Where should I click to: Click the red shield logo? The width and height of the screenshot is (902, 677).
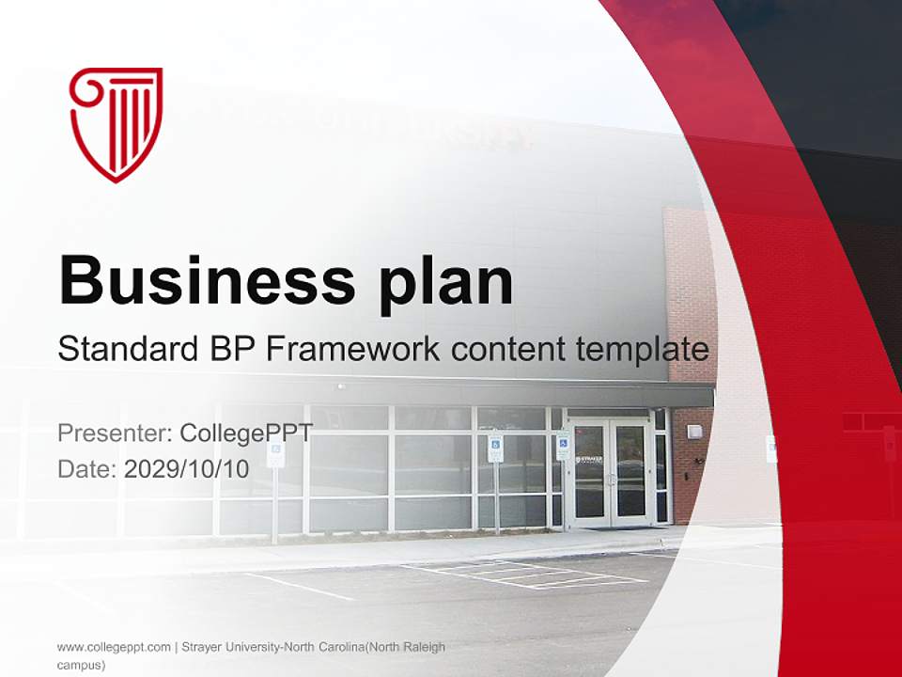[x=116, y=123]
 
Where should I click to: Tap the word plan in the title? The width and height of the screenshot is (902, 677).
[x=446, y=282]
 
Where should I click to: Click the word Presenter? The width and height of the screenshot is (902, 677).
[x=114, y=433]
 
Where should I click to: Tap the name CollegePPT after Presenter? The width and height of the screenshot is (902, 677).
[x=246, y=433]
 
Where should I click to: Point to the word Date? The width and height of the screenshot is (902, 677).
[x=86, y=468]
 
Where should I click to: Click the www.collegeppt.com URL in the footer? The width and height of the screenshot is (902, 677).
[x=114, y=647]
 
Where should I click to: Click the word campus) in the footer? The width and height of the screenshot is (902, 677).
[x=81, y=664]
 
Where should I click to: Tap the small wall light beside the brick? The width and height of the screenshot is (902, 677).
[x=693, y=432]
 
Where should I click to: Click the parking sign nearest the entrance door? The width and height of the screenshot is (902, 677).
[x=562, y=445]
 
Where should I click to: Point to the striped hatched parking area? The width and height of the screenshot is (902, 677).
[x=526, y=574]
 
